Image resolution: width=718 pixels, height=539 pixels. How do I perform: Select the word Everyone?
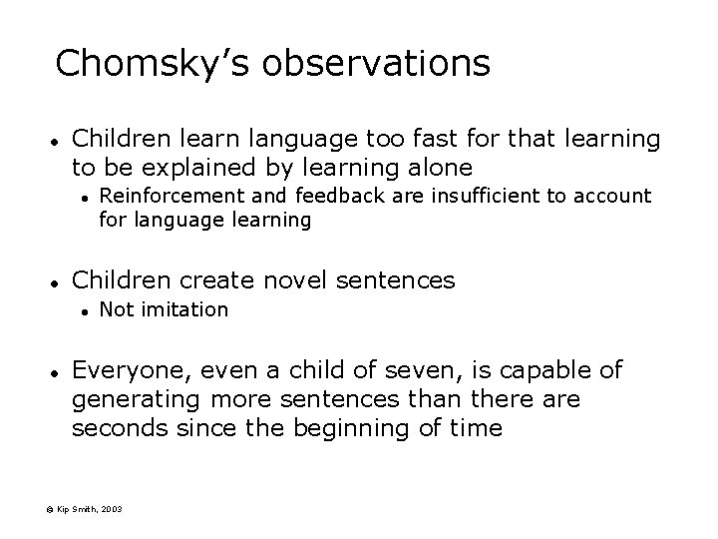click(131, 370)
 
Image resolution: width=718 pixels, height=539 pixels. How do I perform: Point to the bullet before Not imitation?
click(88, 311)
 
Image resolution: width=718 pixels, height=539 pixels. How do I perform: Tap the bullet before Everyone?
click(59, 372)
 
